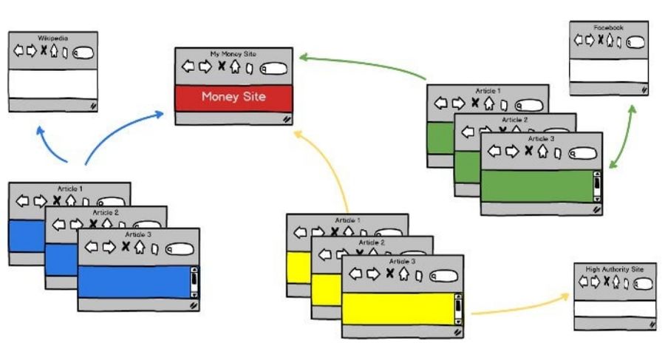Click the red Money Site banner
click(233, 97)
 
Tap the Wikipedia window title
click(53, 38)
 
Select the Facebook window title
click(609, 27)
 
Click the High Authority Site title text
click(614, 269)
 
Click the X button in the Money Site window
click(221, 67)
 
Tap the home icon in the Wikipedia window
click(54, 50)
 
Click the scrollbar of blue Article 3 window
click(194, 282)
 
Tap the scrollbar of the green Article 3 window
click(597, 186)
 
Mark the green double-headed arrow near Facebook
click(623, 138)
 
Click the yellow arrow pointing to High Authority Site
click(517, 307)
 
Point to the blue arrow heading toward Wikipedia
click(52, 144)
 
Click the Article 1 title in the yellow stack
click(347, 220)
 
